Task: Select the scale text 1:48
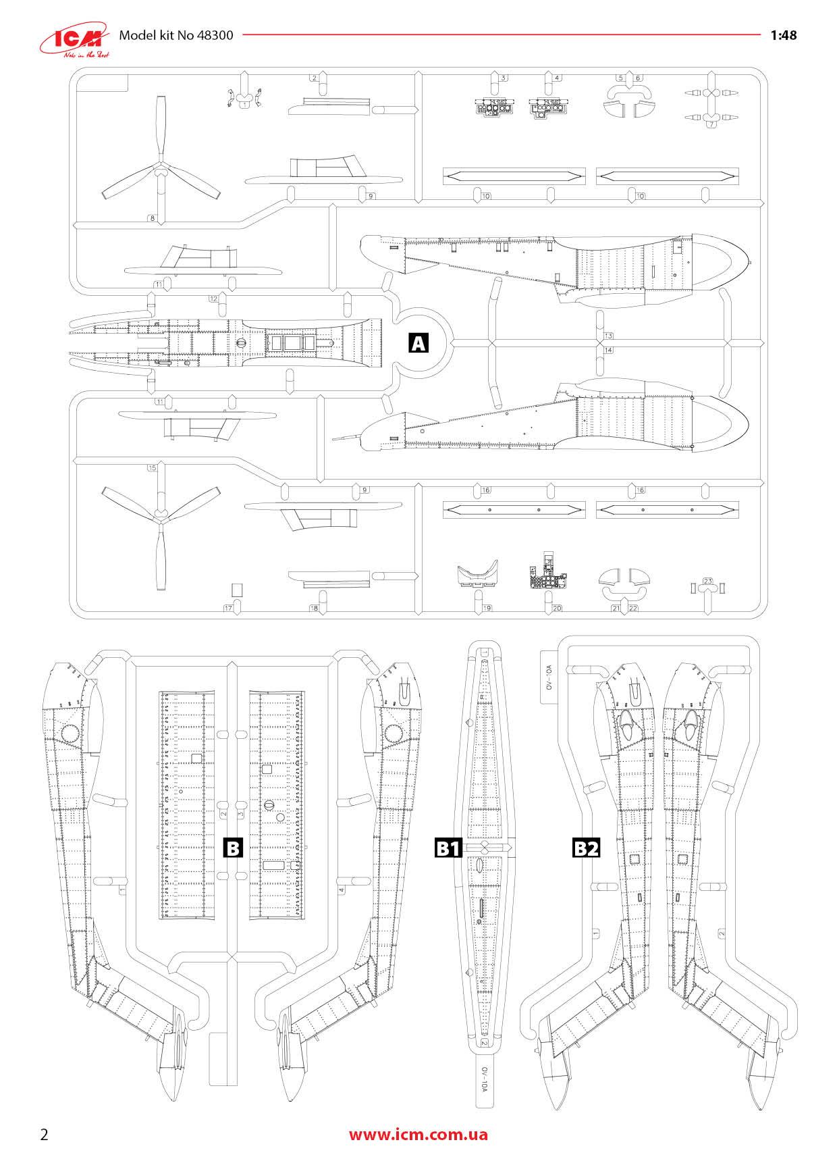[783, 35]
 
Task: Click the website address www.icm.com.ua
[418, 1133]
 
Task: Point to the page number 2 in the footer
[45, 1133]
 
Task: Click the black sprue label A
[418, 344]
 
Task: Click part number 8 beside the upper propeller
[152, 218]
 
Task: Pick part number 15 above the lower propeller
[152, 467]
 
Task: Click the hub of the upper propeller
[161, 173]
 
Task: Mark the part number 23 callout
[707, 582]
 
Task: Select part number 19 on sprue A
[487, 608]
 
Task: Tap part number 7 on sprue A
[711, 125]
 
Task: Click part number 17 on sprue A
[228, 608]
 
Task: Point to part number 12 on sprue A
[213, 299]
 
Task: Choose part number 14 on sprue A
[608, 350]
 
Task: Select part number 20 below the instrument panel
[557, 608]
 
